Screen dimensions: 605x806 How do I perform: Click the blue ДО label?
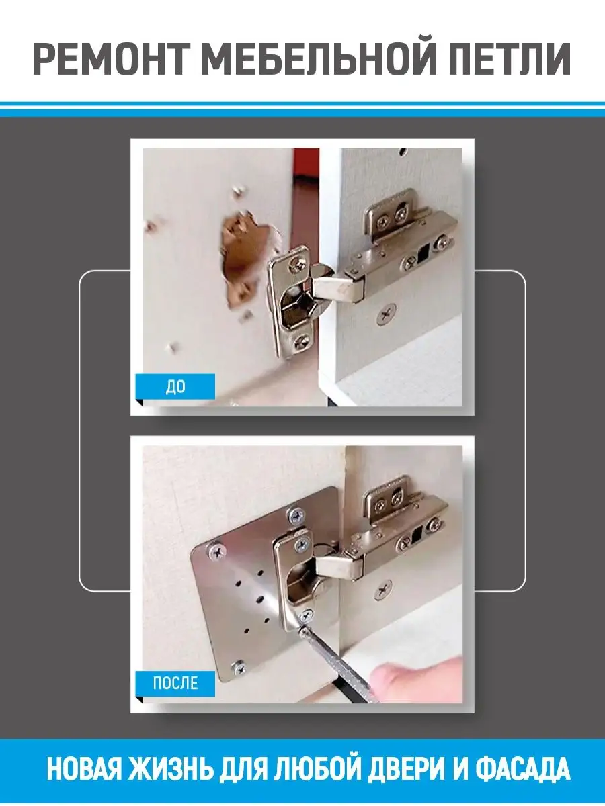tap(175, 387)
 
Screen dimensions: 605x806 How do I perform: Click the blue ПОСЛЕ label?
tap(175, 683)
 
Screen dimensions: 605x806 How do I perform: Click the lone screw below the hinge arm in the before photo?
tap(386, 314)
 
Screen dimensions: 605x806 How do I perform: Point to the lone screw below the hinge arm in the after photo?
tap(383, 590)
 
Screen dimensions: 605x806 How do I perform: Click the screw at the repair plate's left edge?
tap(217, 551)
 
